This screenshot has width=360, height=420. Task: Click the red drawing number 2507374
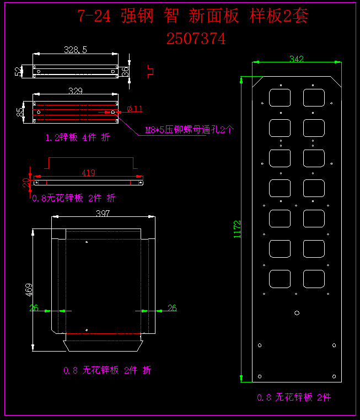coord(196,39)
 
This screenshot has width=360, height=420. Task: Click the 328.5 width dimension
coord(76,50)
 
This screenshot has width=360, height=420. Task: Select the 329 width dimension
coord(76,91)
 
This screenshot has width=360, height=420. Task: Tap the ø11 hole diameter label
coord(135,109)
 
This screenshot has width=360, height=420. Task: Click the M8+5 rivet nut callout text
coord(189,130)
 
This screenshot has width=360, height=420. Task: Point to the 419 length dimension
coord(88,173)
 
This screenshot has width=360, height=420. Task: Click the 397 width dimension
coord(103,213)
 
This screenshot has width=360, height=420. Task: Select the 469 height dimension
coord(29,290)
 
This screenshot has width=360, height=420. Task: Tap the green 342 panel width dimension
coord(297,59)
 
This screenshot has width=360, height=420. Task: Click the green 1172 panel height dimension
coord(238,229)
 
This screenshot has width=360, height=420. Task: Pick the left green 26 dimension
coord(34,308)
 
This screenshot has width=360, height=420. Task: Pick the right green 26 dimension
coord(172,308)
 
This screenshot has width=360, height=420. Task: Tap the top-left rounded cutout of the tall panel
coord(280,98)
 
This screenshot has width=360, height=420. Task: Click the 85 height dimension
coord(21,112)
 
